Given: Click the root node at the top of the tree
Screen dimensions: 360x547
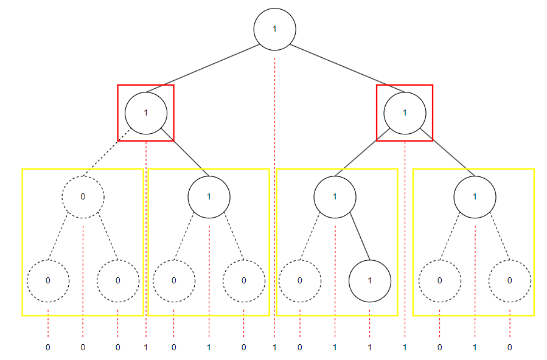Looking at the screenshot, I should (274, 29).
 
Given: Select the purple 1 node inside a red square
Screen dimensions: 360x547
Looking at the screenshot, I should (146, 112).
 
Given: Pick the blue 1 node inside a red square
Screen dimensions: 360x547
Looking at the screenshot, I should (405, 112).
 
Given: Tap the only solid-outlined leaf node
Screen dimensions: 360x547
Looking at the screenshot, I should (369, 280).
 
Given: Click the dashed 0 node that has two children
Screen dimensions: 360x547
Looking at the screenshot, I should (83, 196).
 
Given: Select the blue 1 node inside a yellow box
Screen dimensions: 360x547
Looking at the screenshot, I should (209, 196).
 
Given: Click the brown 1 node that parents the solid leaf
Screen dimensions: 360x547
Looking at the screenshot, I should (335, 196).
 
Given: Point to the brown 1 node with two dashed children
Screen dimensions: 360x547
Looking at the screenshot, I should (475, 196).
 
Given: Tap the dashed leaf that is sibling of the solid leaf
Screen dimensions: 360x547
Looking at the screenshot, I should (299, 280).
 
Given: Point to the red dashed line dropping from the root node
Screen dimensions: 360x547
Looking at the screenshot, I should (274, 182).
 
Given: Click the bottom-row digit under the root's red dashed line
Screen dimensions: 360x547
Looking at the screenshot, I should (274, 347).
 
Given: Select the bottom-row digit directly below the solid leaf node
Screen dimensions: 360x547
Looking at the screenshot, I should (369, 347).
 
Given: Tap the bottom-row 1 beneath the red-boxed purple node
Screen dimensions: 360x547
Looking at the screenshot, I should (146, 347).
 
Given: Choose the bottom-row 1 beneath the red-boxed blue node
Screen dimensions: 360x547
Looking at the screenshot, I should (405, 347).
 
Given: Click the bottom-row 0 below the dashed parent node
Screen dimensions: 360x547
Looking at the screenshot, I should (83, 347).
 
